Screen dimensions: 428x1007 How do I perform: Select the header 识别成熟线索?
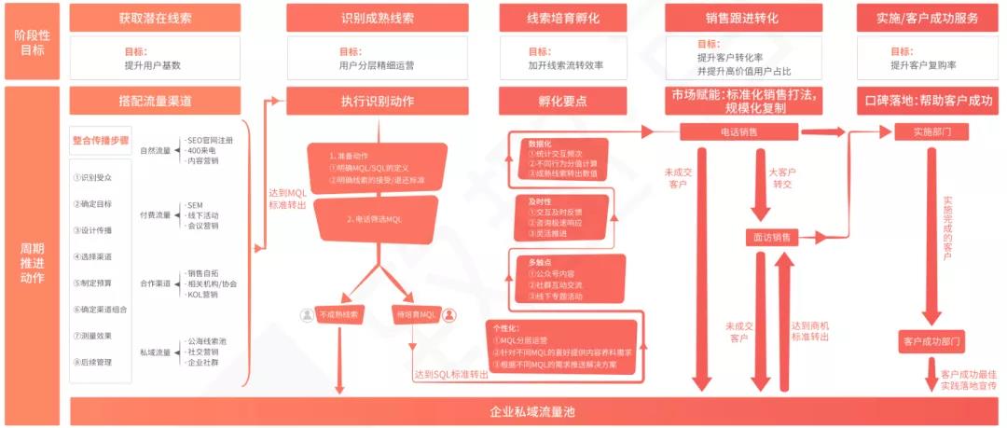[x=377, y=18]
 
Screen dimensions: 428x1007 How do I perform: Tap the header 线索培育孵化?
[x=565, y=18]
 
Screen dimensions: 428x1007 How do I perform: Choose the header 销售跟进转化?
[x=742, y=18]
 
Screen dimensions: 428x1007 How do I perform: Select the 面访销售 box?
[x=772, y=237]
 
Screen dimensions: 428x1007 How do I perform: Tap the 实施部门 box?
[x=922, y=132]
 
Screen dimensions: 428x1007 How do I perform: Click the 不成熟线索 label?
[x=341, y=314]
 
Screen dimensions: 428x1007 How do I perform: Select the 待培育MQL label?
[x=415, y=314]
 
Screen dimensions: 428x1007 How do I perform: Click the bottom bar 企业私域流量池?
[x=533, y=411]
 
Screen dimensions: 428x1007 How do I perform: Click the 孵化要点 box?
[x=565, y=100]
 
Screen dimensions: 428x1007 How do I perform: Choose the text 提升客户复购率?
[x=922, y=65]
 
